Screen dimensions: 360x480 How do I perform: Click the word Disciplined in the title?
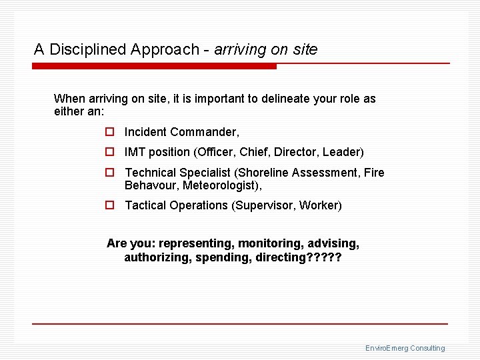click(x=90, y=49)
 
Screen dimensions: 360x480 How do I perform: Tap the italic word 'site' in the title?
click(x=305, y=49)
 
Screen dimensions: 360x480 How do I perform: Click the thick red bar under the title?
click(x=154, y=67)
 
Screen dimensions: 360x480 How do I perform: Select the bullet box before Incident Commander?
click(x=110, y=133)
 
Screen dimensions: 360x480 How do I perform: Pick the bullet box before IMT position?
click(x=110, y=153)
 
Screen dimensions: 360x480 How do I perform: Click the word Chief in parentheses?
click(x=253, y=152)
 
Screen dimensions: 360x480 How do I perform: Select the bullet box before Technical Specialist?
click(x=110, y=173)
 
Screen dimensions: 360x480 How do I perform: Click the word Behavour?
click(x=151, y=185)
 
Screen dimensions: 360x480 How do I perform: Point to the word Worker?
click(x=320, y=205)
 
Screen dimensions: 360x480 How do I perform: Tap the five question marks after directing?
click(x=322, y=257)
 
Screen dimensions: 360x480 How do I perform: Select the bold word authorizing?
click(x=157, y=257)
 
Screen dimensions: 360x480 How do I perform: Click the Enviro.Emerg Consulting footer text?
click(x=405, y=348)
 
